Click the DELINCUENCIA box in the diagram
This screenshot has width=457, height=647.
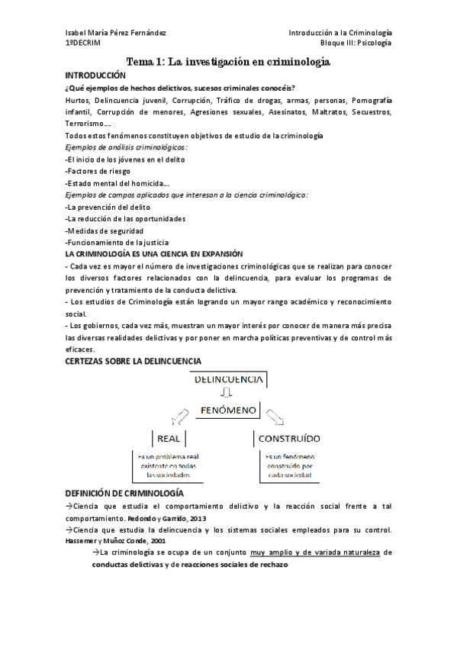pos(228,378)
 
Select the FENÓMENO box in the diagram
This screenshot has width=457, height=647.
pos(228,410)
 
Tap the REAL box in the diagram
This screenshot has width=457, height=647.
pos(168,439)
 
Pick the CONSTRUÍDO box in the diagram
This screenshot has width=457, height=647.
pos(288,439)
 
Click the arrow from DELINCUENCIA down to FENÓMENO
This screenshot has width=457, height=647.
pos(226,394)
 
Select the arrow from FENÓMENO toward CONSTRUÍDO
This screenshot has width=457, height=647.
pos(275,417)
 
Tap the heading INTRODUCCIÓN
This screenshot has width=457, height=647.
pos(95,76)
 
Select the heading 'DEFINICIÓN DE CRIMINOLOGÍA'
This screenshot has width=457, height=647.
pos(124,494)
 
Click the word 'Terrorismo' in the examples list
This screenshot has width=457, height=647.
pos(86,124)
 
